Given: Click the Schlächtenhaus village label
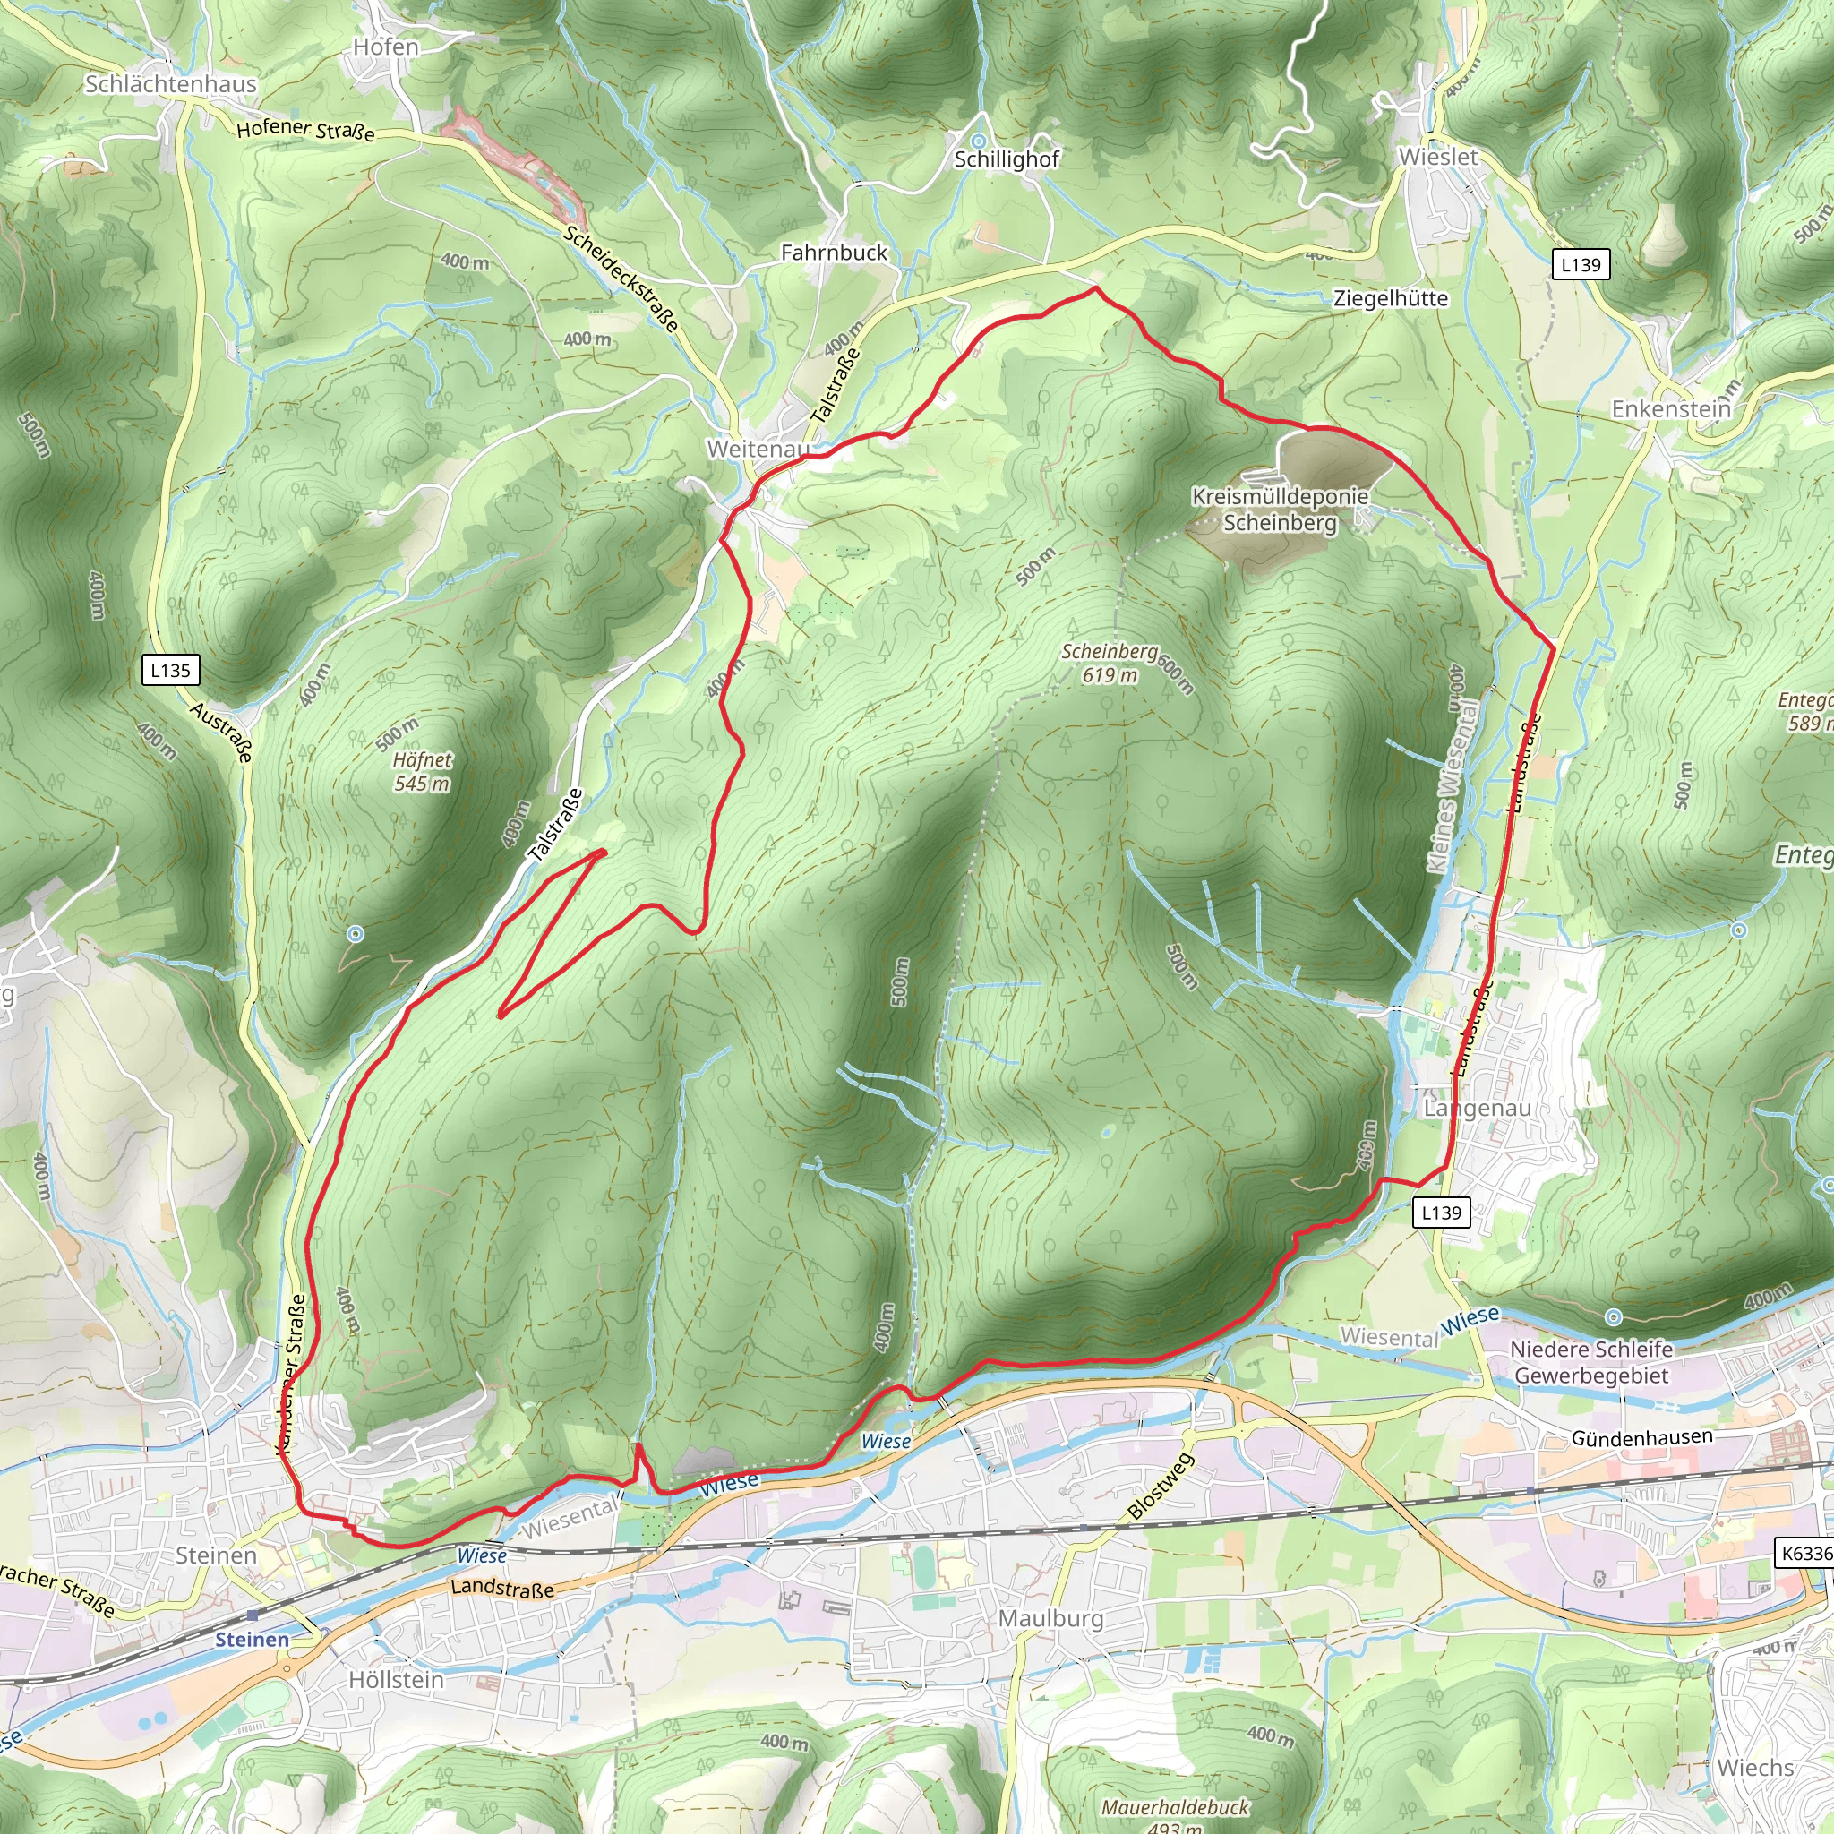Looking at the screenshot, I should pyautogui.click(x=171, y=84).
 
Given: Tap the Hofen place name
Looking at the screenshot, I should pyautogui.click(x=385, y=47).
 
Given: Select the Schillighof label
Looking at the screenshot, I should pyautogui.click(x=1007, y=159).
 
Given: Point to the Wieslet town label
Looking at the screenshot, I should pyautogui.click(x=1438, y=157).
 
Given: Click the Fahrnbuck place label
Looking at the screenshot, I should pyautogui.click(x=835, y=253).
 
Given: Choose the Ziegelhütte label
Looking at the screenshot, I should pyautogui.click(x=1391, y=298).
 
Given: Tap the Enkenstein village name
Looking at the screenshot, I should pyautogui.click(x=1671, y=409).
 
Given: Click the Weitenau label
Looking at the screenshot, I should pyautogui.click(x=758, y=448).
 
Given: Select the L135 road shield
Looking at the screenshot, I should pyautogui.click(x=171, y=670).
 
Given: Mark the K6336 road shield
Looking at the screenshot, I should pyautogui.click(x=1805, y=1553).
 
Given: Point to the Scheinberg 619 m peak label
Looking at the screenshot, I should pyautogui.click(x=1110, y=663).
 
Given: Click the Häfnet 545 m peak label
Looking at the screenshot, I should pyautogui.click(x=422, y=771).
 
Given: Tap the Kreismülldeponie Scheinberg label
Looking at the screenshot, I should pyautogui.click(x=1281, y=509).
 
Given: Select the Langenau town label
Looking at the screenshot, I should pyautogui.click(x=1478, y=1108).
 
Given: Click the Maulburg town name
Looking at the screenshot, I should pyautogui.click(x=1050, y=1617).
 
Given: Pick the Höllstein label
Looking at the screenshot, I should pyautogui.click(x=396, y=1679).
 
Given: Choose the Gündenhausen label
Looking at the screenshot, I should pyautogui.click(x=1642, y=1438).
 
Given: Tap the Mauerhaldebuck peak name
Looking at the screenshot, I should pyautogui.click(x=1175, y=1806).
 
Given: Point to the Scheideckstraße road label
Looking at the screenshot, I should pyautogui.click(x=621, y=279).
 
